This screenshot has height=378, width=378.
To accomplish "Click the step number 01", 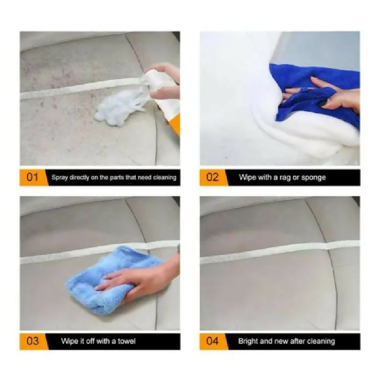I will [32, 177].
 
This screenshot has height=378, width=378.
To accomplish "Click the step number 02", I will [212, 177].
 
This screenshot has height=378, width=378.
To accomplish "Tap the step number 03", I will [32, 341].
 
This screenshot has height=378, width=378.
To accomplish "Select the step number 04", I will [212, 341].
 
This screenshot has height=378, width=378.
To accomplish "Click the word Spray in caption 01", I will [58, 177].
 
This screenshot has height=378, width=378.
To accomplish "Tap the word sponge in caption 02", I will [314, 177].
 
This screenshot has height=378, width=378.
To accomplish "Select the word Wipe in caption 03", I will [69, 341].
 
